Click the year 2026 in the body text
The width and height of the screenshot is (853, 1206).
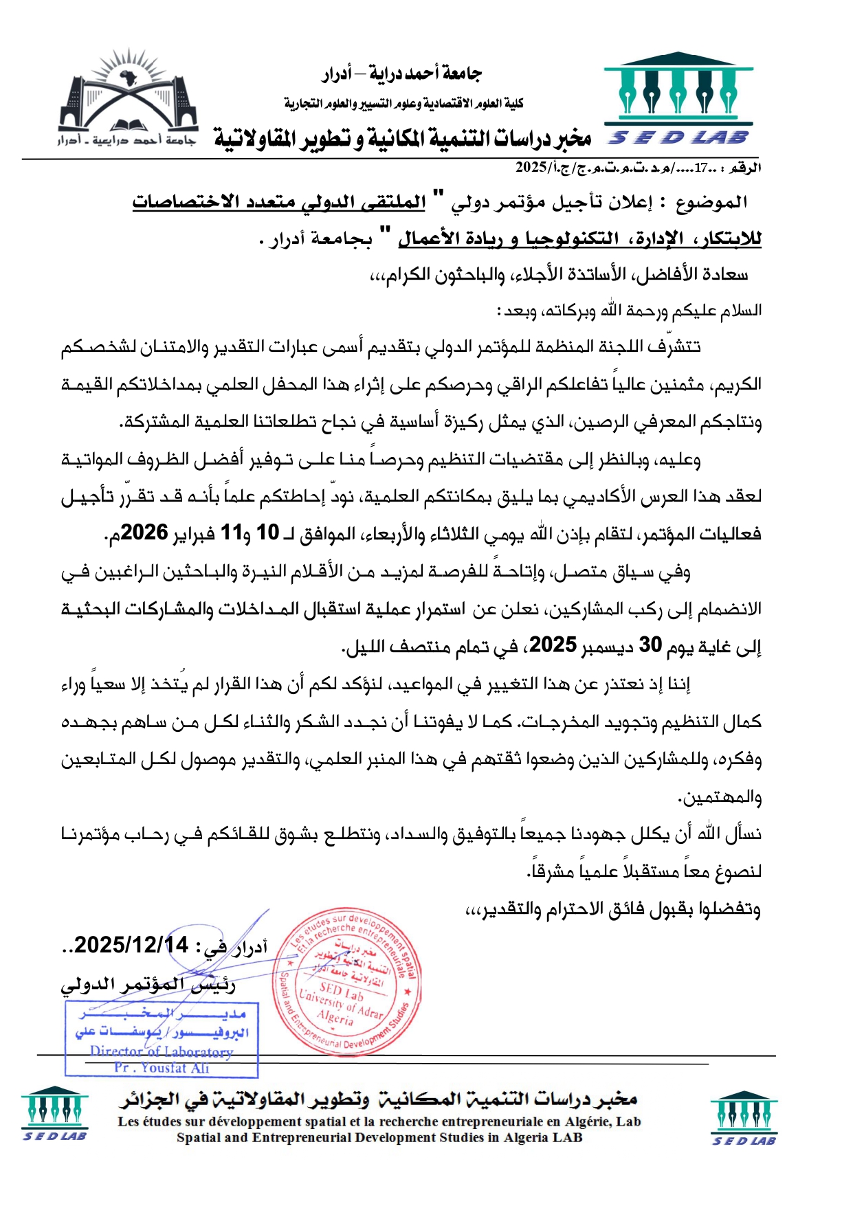pos(145,533)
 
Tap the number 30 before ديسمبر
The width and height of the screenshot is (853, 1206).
pos(650,645)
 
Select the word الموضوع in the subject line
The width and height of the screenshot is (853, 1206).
pos(711,203)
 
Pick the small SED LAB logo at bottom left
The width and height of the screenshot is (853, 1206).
pos(54,1113)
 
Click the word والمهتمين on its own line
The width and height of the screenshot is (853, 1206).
pos(720,798)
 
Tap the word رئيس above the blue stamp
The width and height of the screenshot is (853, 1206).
pos(214,985)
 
